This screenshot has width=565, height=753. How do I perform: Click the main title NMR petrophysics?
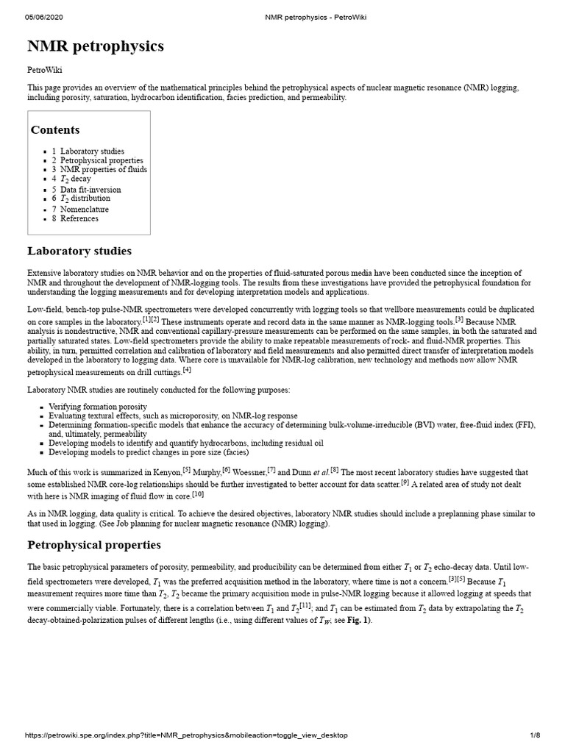click(x=96, y=47)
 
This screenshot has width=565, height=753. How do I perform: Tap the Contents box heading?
click(x=55, y=130)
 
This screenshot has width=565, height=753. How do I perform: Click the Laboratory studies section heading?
click(x=79, y=251)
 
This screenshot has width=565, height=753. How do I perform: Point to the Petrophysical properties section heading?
click(x=93, y=545)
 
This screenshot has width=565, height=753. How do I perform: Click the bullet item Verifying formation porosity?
click(x=98, y=407)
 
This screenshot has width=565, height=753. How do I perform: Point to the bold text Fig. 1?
click(x=358, y=620)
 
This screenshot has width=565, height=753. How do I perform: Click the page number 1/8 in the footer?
click(x=535, y=735)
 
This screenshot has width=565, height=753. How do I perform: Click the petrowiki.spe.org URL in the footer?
click(x=186, y=735)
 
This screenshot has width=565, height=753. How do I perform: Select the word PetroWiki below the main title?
click(x=45, y=70)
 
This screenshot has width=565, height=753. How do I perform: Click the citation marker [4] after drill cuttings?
click(x=187, y=370)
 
